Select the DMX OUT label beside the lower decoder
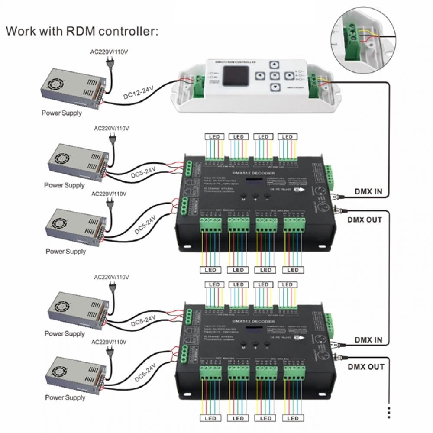click(x=365, y=367)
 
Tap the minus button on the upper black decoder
click(x=267, y=195)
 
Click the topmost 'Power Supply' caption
click(x=61, y=113)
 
